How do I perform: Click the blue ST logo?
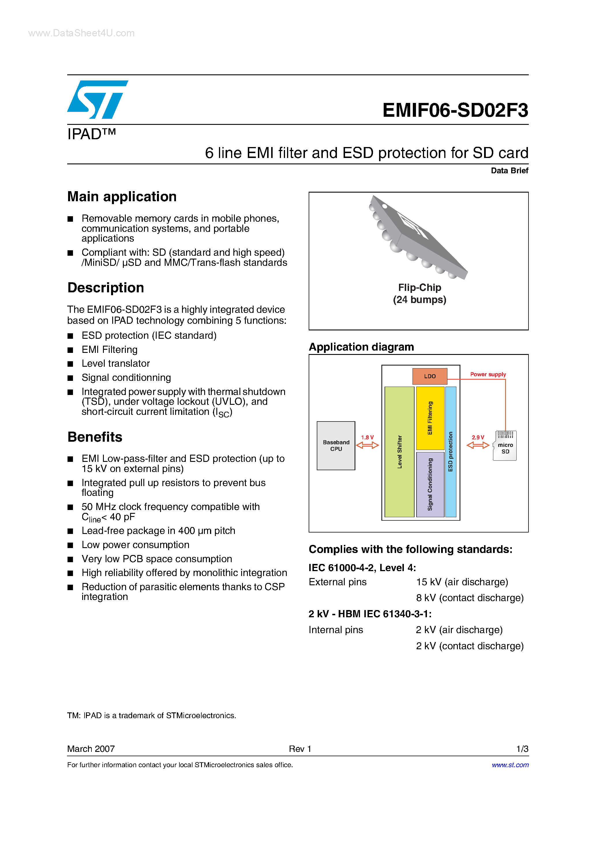coord(98,99)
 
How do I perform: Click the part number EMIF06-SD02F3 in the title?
coord(455,110)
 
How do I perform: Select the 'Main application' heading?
coord(122,197)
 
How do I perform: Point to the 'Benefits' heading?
coord(95,437)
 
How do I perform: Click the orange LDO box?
coord(430,376)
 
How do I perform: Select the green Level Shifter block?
coord(400,451)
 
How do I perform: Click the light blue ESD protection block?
coord(451,451)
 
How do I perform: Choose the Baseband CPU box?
coord(336,445)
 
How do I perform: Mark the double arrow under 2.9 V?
coord(478,445)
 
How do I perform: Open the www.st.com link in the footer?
coord(510,765)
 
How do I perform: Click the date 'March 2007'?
coord(91,749)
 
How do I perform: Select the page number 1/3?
coord(522,749)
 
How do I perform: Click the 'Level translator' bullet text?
coord(115,364)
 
